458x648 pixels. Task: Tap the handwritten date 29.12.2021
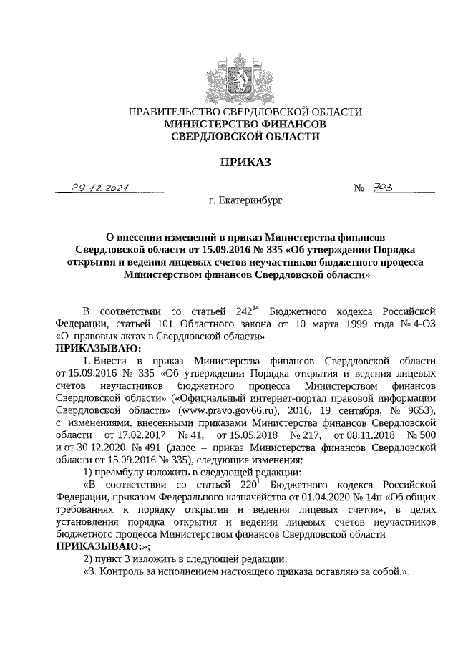click(x=99, y=188)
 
